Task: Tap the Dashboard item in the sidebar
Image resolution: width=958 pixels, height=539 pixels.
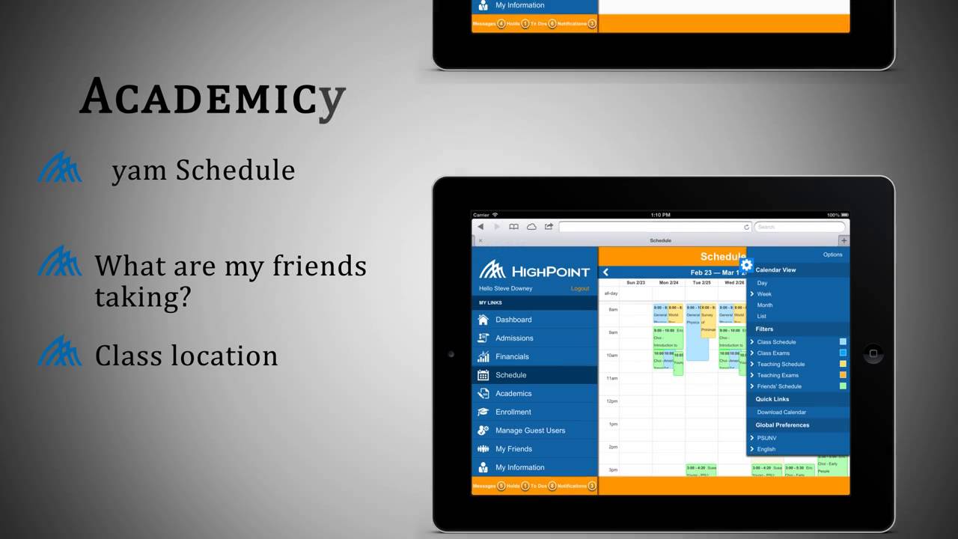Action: click(x=513, y=320)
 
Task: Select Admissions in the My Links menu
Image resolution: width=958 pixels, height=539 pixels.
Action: click(x=514, y=338)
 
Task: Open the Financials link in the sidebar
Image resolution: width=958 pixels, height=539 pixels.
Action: click(x=512, y=356)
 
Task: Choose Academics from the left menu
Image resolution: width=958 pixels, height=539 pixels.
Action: click(x=513, y=394)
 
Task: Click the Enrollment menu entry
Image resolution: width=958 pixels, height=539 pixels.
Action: click(x=513, y=412)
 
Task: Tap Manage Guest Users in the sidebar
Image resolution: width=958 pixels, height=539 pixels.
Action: click(x=530, y=430)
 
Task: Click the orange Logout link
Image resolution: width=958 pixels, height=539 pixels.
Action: click(x=580, y=288)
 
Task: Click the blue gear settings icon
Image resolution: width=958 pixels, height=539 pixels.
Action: click(x=746, y=265)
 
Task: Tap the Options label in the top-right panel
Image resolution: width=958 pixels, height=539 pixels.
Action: click(x=832, y=255)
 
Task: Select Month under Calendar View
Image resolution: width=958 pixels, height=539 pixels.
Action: click(x=765, y=305)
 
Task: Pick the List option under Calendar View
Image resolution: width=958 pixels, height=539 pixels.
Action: click(x=762, y=316)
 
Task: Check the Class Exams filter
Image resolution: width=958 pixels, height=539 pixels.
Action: click(x=773, y=353)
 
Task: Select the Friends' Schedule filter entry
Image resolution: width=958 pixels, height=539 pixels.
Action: click(x=779, y=386)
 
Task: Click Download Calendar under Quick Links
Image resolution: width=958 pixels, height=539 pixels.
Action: click(x=781, y=412)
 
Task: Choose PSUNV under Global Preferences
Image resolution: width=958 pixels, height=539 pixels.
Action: click(x=766, y=438)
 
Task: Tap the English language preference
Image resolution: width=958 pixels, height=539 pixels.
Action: click(x=766, y=449)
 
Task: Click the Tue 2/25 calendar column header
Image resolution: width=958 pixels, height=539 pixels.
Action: click(x=701, y=283)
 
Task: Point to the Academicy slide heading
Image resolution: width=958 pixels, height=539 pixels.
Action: click(x=213, y=97)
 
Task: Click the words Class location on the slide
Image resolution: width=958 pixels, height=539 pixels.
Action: click(x=186, y=356)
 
